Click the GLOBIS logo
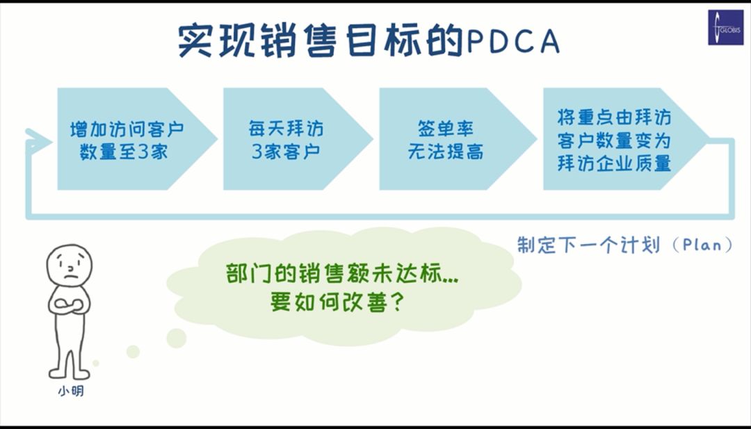(725, 29)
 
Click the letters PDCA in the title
(512, 41)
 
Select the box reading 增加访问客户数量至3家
(137, 139)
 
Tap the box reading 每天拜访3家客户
(298, 139)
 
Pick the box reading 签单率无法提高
(458, 139)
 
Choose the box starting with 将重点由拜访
(625, 139)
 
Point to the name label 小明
(71, 391)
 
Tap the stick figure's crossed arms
(70, 305)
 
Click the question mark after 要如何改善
(394, 302)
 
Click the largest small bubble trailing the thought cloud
(176, 338)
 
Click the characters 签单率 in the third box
(446, 129)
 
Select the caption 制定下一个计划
(589, 245)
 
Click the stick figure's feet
(70, 373)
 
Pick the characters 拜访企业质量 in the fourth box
(614, 163)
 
